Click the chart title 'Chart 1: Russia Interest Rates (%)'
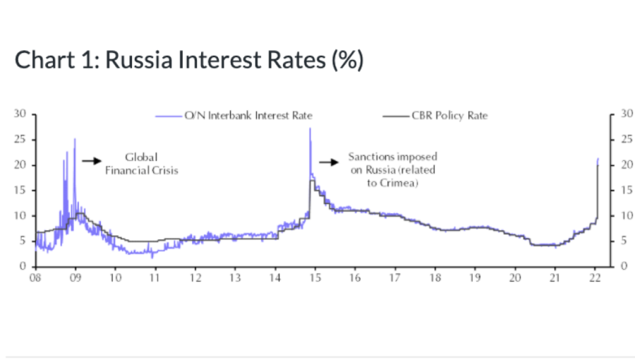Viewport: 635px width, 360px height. tap(189, 60)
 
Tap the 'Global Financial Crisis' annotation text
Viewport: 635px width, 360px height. tap(141, 164)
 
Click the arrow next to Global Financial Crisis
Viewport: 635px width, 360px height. tap(92, 161)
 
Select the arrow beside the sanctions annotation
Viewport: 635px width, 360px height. tap(329, 162)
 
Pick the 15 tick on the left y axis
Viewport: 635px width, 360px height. tap(21, 190)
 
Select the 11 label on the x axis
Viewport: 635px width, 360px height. tap(155, 279)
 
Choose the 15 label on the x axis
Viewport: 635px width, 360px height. tap(315, 279)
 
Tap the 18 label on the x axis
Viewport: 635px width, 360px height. tap(435, 279)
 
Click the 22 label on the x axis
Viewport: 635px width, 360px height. tap(595, 279)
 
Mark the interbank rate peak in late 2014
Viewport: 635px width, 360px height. tap(310, 129)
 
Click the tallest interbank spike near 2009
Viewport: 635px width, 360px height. tap(75, 140)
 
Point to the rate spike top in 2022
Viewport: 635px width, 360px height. tap(598, 160)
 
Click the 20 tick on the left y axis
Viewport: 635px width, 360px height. tap(21, 165)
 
